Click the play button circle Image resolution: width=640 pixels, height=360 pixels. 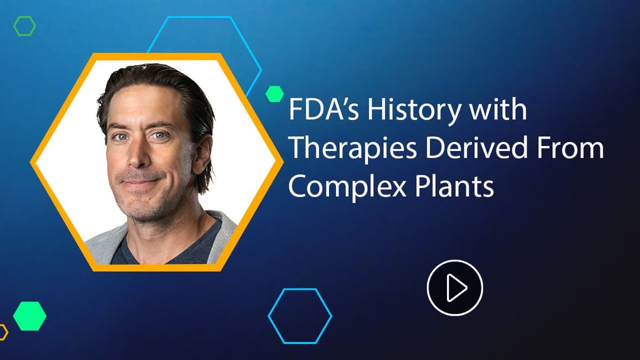(454, 288)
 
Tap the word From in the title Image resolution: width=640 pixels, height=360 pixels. (570, 149)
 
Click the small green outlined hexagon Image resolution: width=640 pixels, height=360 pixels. (25, 26)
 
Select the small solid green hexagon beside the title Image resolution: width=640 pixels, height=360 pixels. (274, 94)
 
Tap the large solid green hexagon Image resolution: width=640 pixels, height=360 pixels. (29, 316)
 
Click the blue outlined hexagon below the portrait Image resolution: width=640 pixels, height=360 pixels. (300, 316)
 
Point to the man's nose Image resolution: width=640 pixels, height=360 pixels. (140, 155)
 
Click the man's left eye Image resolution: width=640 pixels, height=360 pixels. (159, 136)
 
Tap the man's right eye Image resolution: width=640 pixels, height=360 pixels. (119, 137)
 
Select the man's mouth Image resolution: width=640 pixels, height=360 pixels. (140, 181)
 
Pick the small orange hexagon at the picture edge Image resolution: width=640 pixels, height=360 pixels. (2, 332)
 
